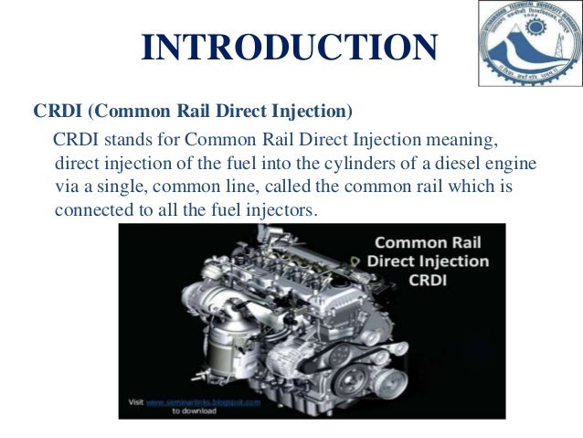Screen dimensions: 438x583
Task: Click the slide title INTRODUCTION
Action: (x=290, y=48)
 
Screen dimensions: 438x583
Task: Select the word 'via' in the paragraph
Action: (x=67, y=187)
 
